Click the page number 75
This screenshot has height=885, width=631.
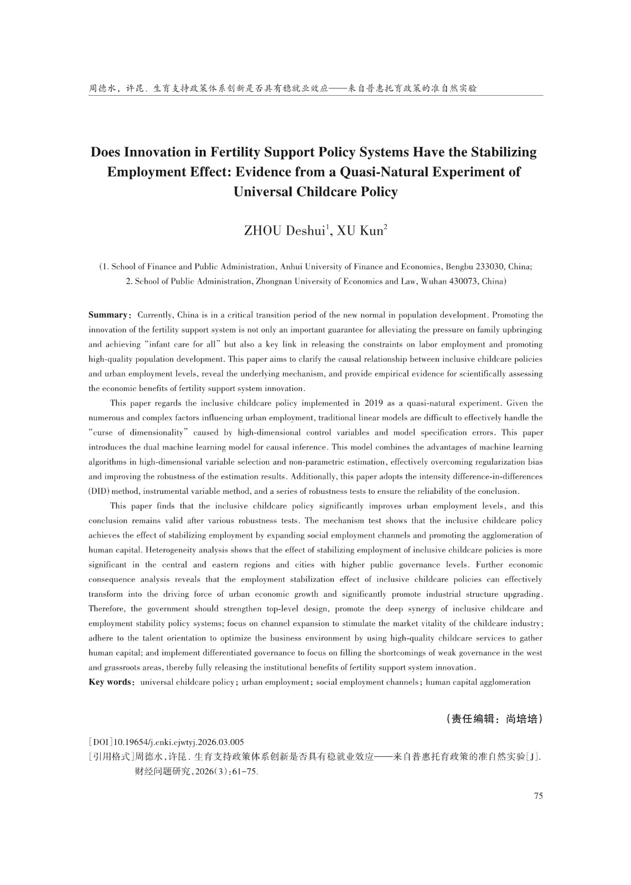pyautogui.click(x=538, y=796)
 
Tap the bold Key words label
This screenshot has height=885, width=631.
pyautogui.click(x=109, y=682)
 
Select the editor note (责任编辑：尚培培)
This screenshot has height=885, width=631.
pyautogui.click(x=494, y=720)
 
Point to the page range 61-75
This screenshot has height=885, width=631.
pyautogui.click(x=246, y=772)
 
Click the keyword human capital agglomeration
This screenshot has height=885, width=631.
pyautogui.click(x=478, y=682)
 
